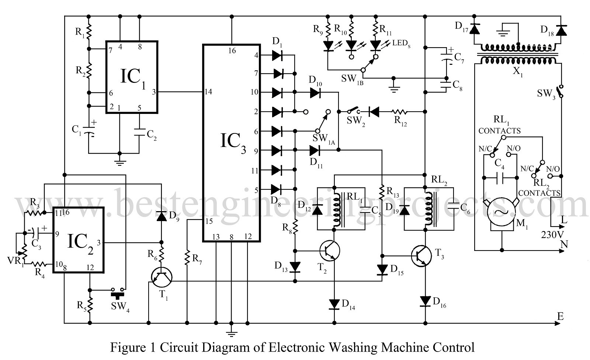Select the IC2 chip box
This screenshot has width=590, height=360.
coord(79,240)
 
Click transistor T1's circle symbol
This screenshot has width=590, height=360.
coord(162,277)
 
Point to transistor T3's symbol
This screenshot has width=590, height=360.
coord(421,255)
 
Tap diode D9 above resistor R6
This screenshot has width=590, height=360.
coord(161,216)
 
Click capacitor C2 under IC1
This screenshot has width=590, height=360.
coord(139,132)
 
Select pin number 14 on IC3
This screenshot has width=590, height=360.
coord(208,92)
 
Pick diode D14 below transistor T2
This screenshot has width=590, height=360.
coord(334,304)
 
